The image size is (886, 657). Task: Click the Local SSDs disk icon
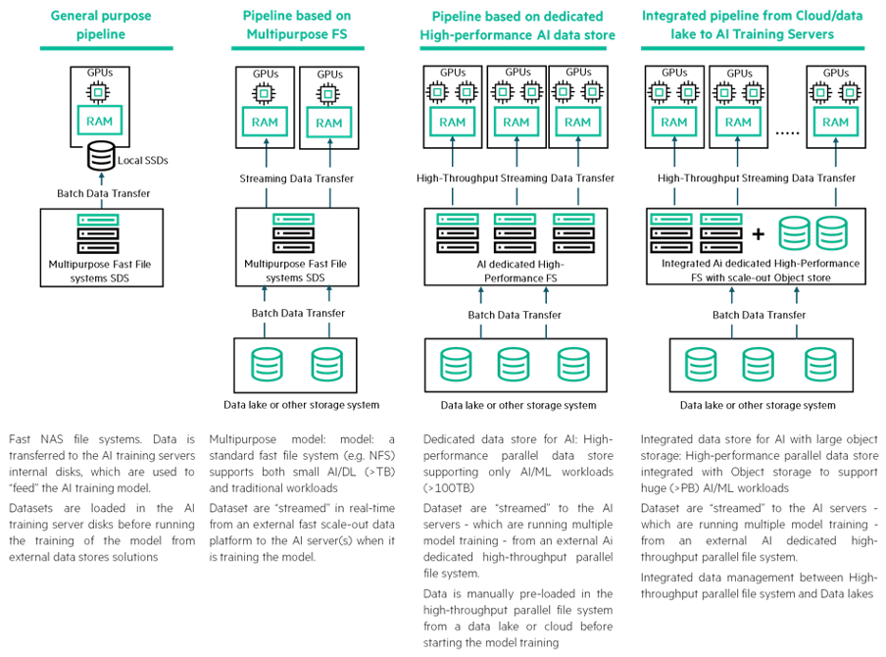pyautogui.click(x=101, y=156)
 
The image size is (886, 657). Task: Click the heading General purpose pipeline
pyautogui.click(x=101, y=25)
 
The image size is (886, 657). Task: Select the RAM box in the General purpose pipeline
pyautogui.click(x=99, y=121)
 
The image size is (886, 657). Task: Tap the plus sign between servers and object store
pyautogui.click(x=759, y=233)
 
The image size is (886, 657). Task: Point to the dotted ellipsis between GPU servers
pyautogui.click(x=787, y=132)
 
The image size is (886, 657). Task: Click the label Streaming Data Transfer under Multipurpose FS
pyautogui.click(x=297, y=178)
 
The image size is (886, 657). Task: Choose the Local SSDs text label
pyautogui.click(x=143, y=161)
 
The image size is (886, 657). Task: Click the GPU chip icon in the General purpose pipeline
pyautogui.click(x=98, y=91)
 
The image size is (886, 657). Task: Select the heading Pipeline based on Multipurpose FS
pyautogui.click(x=297, y=25)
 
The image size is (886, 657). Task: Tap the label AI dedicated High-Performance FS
pyautogui.click(x=520, y=271)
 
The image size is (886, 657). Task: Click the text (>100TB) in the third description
pyautogui.click(x=449, y=488)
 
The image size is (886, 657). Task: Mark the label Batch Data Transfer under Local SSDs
pyautogui.click(x=104, y=193)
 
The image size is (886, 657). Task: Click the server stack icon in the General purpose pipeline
pyautogui.click(x=98, y=233)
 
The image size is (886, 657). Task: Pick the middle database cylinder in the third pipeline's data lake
pyautogui.click(x=513, y=364)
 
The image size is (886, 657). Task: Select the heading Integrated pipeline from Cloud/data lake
pyautogui.click(x=752, y=25)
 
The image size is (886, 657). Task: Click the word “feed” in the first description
pyautogui.click(x=24, y=488)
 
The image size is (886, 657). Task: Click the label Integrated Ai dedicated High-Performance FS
pyautogui.click(x=761, y=271)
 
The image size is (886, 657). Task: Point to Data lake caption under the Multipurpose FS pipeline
pyautogui.click(x=301, y=405)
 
